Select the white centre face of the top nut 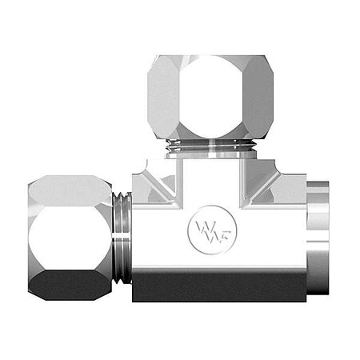click(210, 100)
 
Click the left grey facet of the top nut click(162, 100)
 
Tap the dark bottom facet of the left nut click(68, 285)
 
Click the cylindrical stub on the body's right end click(320, 236)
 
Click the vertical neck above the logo click(210, 180)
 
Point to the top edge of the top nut click(210, 58)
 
